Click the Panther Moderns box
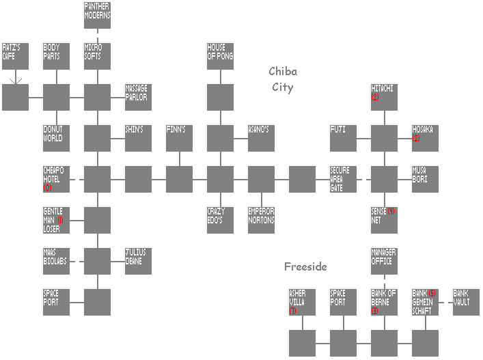(x=97, y=15)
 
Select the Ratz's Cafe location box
(x=15, y=56)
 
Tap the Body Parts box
(x=56, y=56)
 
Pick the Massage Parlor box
(x=138, y=97)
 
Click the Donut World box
(x=56, y=138)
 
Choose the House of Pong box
(x=220, y=56)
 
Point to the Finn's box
(x=179, y=138)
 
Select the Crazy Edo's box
(x=220, y=220)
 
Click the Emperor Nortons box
(x=261, y=220)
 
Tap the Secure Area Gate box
(x=343, y=179)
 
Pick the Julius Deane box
(x=138, y=261)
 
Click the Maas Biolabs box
(x=56, y=261)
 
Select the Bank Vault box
(x=466, y=302)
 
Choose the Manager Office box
(x=384, y=261)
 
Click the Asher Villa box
(x=302, y=302)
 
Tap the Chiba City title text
(x=282, y=79)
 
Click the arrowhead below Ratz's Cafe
(x=16, y=81)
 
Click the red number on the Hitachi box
(x=376, y=98)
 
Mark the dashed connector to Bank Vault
(x=445, y=302)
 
